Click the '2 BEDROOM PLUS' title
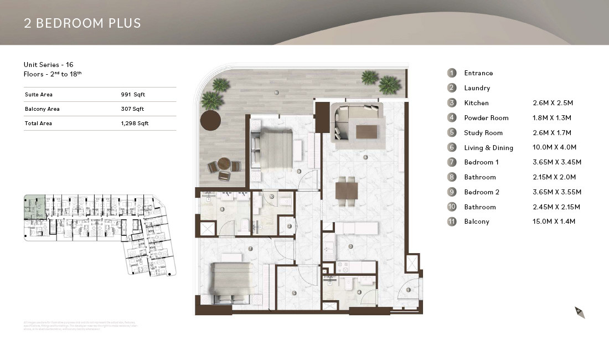[82, 23]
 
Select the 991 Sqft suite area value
[132, 95]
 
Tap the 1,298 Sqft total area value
[135, 124]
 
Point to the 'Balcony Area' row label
[42, 109]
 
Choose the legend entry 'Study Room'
[483, 133]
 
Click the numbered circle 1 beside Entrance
[452, 73]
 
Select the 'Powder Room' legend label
[486, 118]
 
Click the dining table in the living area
[347, 191]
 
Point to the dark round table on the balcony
[211, 119]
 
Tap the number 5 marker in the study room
[294, 294]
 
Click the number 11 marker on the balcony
[276, 93]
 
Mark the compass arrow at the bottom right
[579, 312]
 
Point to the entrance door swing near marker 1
[407, 291]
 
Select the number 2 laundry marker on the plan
[290, 226]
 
